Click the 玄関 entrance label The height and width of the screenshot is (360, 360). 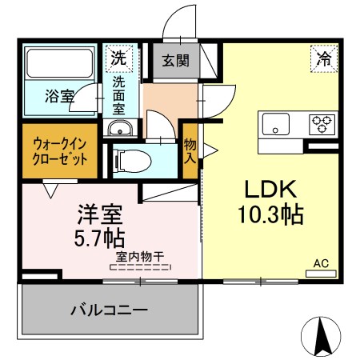(x=176, y=61)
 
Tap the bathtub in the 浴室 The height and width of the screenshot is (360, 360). (x=59, y=63)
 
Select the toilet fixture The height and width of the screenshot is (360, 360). (x=132, y=161)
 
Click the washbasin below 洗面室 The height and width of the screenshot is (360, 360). (x=120, y=129)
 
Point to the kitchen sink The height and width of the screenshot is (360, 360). (x=276, y=124)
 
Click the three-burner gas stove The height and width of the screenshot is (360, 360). (x=322, y=124)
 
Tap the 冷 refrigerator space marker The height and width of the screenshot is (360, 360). (x=324, y=58)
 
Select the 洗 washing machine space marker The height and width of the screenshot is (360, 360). (x=119, y=58)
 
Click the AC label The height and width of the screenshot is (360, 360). (x=321, y=263)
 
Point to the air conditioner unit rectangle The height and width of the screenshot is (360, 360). (x=321, y=274)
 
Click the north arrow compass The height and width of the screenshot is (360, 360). (x=321, y=337)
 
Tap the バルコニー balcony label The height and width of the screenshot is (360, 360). (x=109, y=310)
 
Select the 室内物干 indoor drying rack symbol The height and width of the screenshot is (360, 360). (x=140, y=267)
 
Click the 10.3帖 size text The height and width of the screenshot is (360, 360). (x=270, y=214)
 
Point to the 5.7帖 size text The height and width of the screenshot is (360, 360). (x=100, y=238)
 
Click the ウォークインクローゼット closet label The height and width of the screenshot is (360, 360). (x=60, y=152)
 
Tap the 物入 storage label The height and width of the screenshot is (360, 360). (x=190, y=151)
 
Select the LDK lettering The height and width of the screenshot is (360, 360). (x=270, y=189)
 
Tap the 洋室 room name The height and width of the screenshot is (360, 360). (x=100, y=214)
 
